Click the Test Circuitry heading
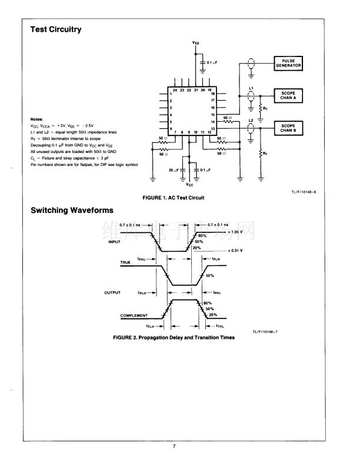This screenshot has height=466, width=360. click(x=56, y=29)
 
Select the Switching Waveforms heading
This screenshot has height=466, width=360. click(x=72, y=210)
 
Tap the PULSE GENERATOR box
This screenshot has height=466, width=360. click(x=288, y=64)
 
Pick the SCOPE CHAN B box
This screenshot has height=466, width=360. click(x=288, y=126)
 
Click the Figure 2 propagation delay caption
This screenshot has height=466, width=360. click(x=174, y=338)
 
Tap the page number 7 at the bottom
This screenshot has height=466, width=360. click(x=174, y=446)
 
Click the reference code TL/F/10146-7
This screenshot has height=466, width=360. click(x=265, y=332)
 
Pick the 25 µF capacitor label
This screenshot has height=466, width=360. click(x=174, y=169)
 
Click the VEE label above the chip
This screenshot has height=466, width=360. click(x=196, y=43)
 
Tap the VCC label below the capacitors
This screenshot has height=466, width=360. click(x=190, y=184)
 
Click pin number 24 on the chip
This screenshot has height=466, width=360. click(x=175, y=90)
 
